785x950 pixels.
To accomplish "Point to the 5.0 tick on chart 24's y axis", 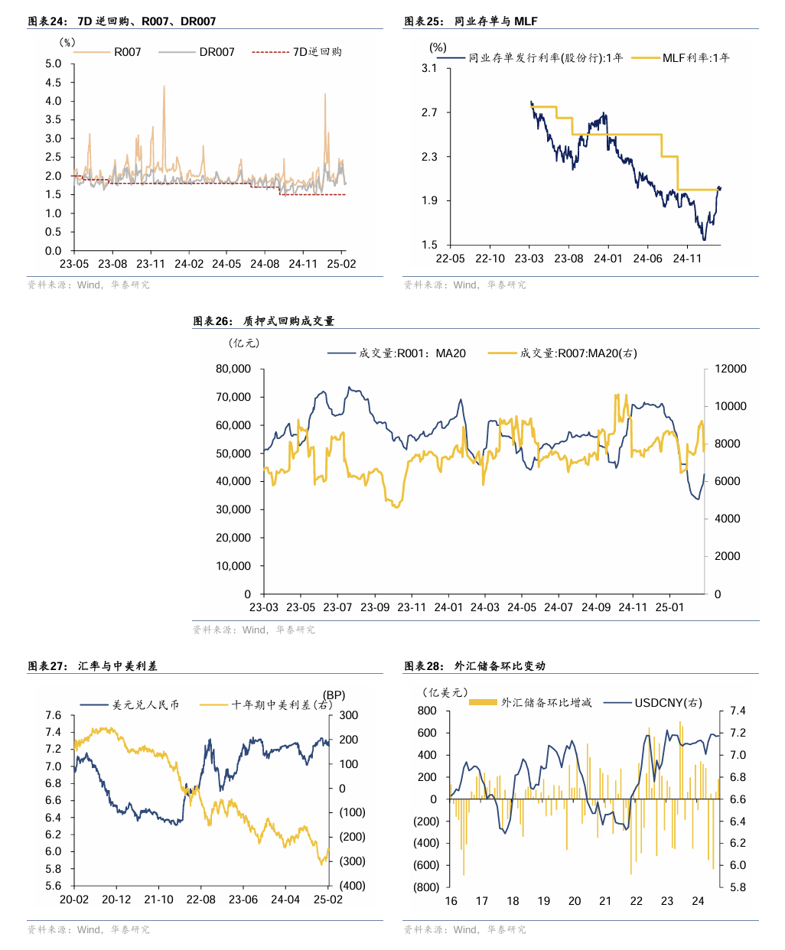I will point(53,63).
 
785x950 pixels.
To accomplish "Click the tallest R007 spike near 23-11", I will point(164,86).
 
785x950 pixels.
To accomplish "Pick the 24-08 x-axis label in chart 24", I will point(265,264).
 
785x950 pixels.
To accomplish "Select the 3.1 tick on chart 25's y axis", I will point(429,68).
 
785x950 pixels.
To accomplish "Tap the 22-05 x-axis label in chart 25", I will point(450,259).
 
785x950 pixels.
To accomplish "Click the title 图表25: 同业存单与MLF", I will point(471,21).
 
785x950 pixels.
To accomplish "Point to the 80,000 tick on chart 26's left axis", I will point(233,369).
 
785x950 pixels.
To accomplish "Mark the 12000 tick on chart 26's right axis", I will point(731,369).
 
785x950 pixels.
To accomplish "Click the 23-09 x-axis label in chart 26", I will point(375,607).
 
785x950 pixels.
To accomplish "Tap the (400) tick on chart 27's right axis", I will point(353,886).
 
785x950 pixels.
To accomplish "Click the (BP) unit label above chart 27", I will point(334,695).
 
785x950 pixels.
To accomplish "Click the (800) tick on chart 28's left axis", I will point(426,887).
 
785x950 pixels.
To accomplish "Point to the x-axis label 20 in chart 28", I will point(575,901).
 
